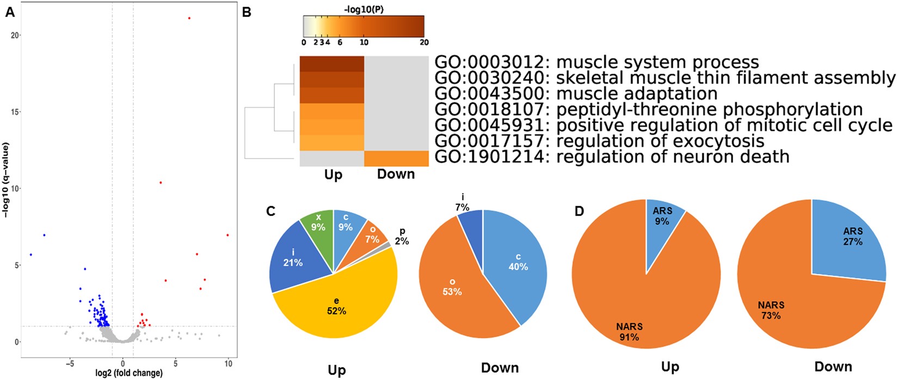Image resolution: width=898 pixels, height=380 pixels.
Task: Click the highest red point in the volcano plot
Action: coord(189,18)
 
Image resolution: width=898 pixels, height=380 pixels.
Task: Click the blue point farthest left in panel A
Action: coord(31,255)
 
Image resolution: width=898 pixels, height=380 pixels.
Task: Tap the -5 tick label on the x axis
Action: coord(69,363)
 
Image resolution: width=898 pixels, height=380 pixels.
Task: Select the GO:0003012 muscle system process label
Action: coord(596,62)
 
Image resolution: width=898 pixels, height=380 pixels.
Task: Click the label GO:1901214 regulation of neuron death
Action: coord(612,157)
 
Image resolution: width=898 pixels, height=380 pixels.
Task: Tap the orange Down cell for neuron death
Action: coord(396,158)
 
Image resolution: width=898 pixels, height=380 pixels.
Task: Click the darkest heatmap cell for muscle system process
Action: coord(332,64)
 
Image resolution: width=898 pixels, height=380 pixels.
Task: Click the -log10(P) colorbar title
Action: coord(364,9)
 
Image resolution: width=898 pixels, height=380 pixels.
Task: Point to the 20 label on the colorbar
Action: coord(424,42)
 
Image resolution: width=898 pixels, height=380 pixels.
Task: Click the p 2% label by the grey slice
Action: coord(402,237)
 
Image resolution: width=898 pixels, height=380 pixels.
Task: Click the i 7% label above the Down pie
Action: coord(462,202)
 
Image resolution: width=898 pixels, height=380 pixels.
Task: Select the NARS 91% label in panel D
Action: coord(629,331)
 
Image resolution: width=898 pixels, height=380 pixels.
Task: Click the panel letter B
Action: coord(247,12)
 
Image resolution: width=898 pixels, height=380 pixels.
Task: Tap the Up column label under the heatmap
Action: coord(333,175)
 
